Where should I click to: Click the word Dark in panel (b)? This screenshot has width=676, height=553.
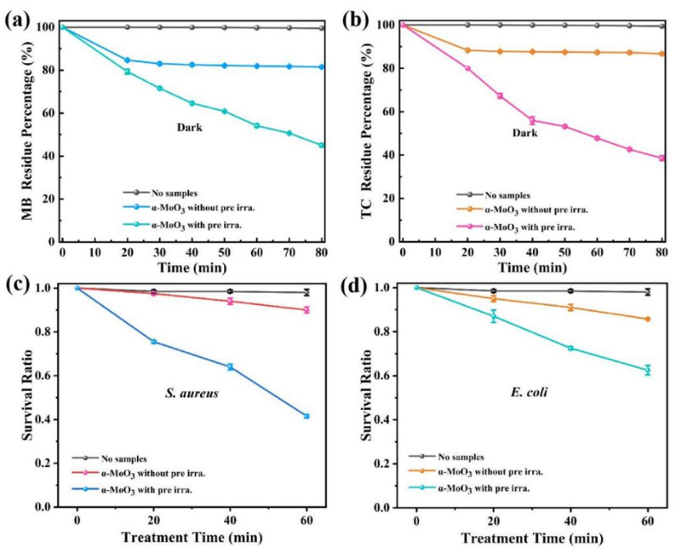click(523, 133)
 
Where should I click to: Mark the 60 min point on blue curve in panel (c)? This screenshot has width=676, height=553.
click(306, 416)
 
